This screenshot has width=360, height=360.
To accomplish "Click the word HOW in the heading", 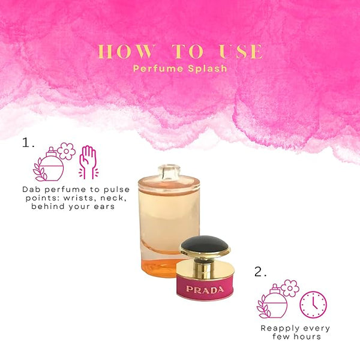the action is coord(126,51).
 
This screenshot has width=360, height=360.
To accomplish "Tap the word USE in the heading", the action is coord(241,51).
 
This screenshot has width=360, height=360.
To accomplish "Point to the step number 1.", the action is coord(28,142).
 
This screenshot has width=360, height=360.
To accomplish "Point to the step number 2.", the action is coord(260,271).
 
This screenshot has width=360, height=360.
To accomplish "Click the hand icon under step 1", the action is coord(88,162).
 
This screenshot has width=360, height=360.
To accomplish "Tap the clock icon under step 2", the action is coord(313,304).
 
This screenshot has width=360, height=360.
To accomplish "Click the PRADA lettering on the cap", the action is coord(205,290).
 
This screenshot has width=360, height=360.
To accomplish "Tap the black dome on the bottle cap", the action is coord(205,245).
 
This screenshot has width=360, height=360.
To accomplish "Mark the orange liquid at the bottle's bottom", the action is coord(158,268).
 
